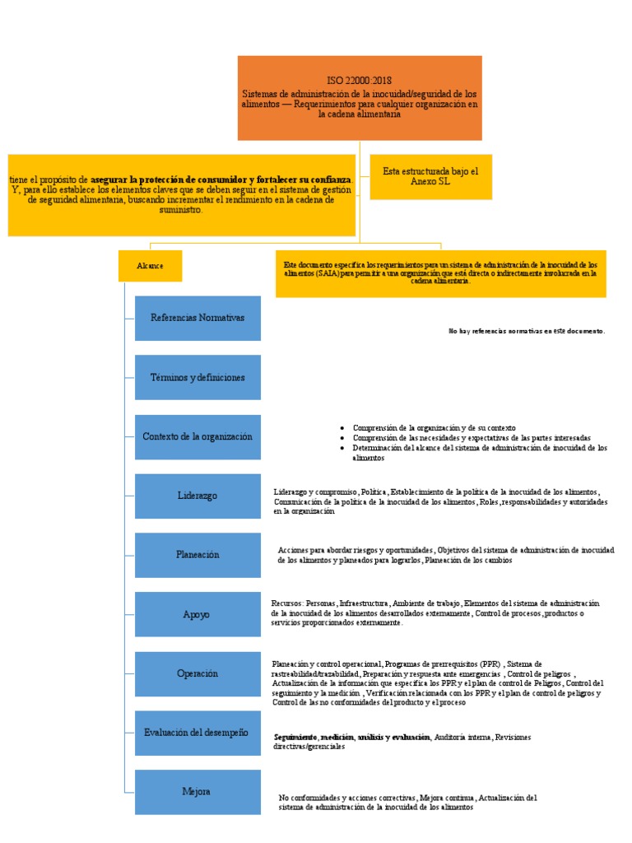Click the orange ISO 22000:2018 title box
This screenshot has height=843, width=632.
(360, 97)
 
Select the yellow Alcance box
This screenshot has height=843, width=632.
(150, 266)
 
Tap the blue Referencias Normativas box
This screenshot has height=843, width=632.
(197, 318)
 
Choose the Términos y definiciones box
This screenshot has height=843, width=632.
(197, 377)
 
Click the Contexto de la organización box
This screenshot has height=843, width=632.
(197, 436)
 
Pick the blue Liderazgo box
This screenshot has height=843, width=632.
(197, 496)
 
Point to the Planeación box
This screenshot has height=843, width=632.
(197, 555)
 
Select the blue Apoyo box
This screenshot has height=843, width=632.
(197, 614)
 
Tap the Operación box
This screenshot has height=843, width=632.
(197, 673)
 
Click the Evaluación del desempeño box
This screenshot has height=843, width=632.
(197, 733)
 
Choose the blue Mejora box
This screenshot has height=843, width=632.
(197, 792)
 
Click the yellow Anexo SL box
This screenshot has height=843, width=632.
(430, 176)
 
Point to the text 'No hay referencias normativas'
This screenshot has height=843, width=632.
(527, 331)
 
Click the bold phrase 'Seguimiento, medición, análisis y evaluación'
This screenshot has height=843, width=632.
(352, 737)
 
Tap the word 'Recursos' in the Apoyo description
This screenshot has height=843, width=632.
(287, 603)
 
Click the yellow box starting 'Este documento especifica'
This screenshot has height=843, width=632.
(442, 273)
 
